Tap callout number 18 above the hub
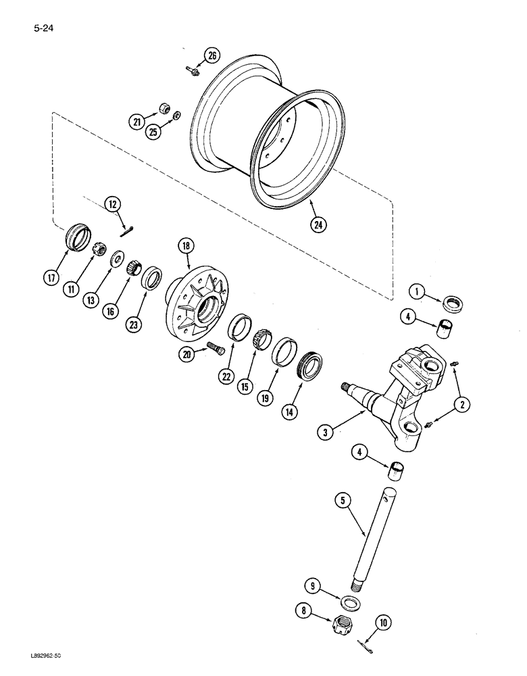pos(185,245)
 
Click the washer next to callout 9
pos(350,602)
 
